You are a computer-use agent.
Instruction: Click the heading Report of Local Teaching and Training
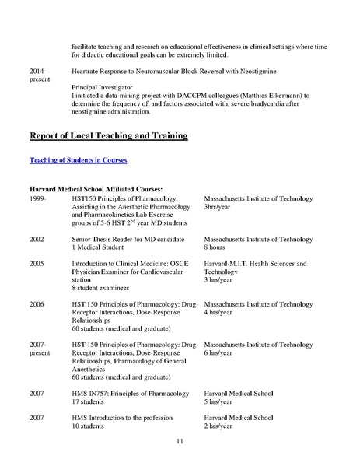pos(108,136)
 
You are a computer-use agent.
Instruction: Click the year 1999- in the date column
pos(36,199)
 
